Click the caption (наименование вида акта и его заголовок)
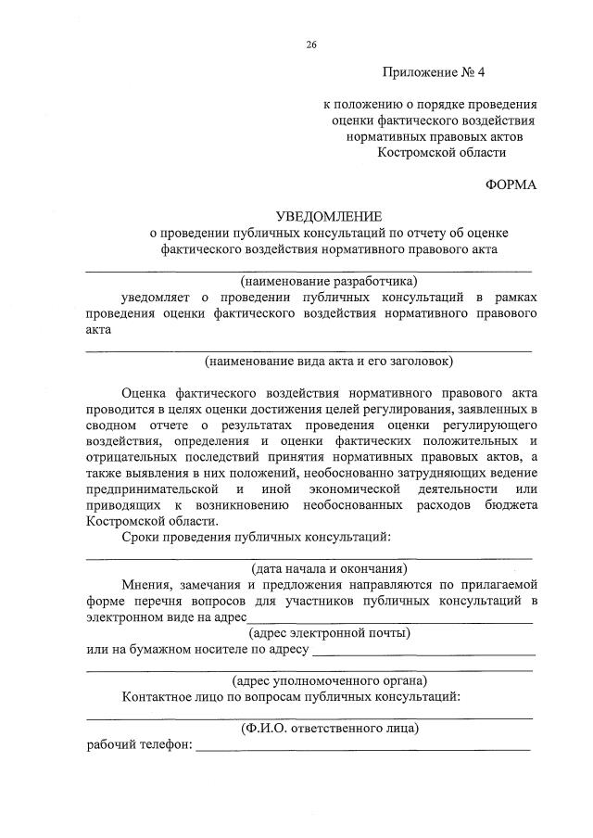coord(329,361)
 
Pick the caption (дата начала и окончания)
coord(329,568)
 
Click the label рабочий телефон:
coord(139,745)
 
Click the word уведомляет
coord(157,297)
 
